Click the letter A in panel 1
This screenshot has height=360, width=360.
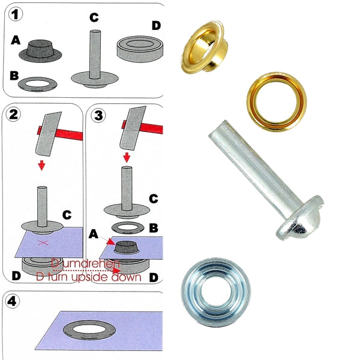click(16, 40)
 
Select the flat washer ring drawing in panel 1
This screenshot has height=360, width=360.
click(40, 83)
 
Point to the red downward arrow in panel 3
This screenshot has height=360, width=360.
click(126, 157)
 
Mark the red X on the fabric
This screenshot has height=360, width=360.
click(43, 241)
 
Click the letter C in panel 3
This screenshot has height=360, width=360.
click(153, 198)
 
